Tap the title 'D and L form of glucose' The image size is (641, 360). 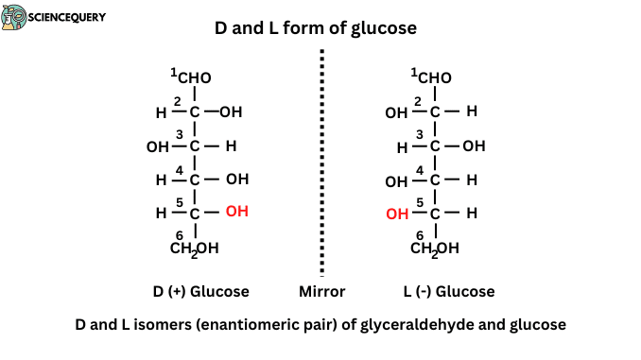(320, 29)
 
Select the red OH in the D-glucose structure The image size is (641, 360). (236, 212)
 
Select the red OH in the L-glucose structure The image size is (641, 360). (397, 214)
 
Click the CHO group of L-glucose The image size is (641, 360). (435, 77)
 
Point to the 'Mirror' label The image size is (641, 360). (321, 291)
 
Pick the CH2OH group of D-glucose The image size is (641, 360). (197, 249)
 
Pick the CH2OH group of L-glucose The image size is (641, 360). (435, 249)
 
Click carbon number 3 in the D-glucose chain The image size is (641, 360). (195, 146)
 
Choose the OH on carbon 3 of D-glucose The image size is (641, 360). (157, 147)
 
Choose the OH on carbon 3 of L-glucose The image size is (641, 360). (473, 146)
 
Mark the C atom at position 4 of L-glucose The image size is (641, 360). (435, 180)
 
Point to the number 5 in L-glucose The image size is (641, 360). (419, 202)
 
